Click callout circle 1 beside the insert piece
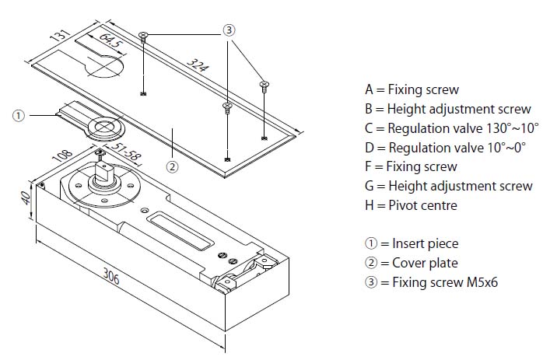coord(19,115)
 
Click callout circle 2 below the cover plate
coord(173,165)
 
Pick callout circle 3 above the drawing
coord(229,30)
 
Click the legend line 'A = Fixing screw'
coord(412,89)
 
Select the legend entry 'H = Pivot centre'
coord(411,205)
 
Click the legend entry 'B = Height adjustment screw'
coord(447,109)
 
